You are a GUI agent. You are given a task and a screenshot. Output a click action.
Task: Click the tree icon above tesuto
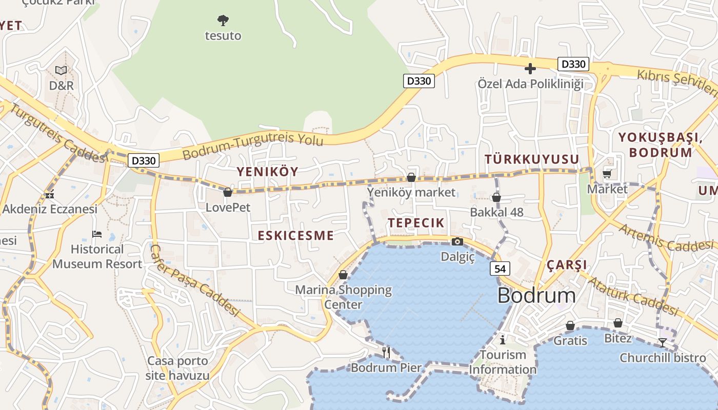[x=223, y=20]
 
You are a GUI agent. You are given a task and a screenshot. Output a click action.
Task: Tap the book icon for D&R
[x=61, y=70]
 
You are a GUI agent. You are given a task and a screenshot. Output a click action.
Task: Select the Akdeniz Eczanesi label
[x=50, y=209]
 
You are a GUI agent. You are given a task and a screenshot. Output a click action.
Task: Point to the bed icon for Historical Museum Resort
[x=97, y=234]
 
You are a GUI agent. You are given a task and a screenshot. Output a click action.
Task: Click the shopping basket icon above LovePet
[x=228, y=192]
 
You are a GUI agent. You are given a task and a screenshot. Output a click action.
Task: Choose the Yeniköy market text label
[x=411, y=192]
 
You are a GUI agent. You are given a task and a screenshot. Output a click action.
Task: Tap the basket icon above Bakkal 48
[x=496, y=197]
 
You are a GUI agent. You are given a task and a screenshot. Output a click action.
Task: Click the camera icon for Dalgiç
[x=457, y=242]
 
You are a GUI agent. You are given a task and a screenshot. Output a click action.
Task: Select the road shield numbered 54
[x=500, y=268]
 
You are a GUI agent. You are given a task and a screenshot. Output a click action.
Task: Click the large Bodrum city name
[x=536, y=296]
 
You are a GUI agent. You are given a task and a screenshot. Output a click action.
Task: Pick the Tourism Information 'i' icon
[x=503, y=339]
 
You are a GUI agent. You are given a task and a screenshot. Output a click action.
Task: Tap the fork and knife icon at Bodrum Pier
[x=386, y=352]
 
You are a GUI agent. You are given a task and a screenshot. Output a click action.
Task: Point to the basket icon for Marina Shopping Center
[x=343, y=275]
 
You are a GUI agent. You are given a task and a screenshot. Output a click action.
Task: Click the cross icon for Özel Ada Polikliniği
[x=530, y=69]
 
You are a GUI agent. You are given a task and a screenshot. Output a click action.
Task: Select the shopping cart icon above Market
[x=607, y=174]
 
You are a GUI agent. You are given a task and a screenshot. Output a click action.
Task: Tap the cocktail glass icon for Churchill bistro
[x=663, y=342]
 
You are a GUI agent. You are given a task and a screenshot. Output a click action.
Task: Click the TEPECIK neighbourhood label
[x=416, y=222]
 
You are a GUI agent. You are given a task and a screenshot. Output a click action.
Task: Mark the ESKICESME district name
[x=295, y=236]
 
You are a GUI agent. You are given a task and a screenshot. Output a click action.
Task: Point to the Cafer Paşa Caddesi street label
[x=195, y=280]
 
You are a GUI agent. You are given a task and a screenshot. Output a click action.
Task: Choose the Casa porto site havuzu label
[x=177, y=368]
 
